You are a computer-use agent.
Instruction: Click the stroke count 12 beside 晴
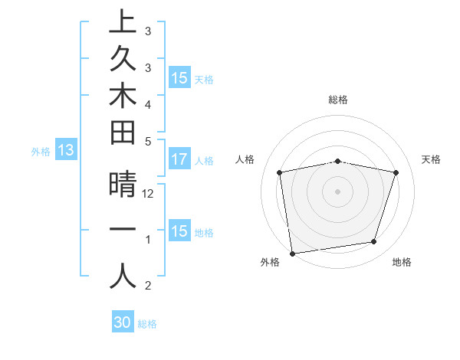click(x=148, y=194)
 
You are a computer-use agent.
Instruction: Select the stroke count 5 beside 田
click(x=148, y=141)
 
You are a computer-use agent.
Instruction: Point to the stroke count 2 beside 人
click(x=148, y=286)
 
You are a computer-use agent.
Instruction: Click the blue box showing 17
click(x=179, y=160)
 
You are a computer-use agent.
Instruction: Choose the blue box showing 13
click(x=66, y=151)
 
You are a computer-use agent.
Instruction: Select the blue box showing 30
click(x=123, y=322)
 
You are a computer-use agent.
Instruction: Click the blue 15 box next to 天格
click(x=179, y=78)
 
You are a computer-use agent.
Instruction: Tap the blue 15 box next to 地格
click(x=179, y=231)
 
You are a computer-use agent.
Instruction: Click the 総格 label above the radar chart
click(x=337, y=100)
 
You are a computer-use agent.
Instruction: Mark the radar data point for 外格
click(x=292, y=253)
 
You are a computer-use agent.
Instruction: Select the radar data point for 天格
click(x=396, y=172)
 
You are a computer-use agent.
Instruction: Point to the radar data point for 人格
click(x=280, y=172)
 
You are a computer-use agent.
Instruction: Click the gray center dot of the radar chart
click(x=337, y=191)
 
